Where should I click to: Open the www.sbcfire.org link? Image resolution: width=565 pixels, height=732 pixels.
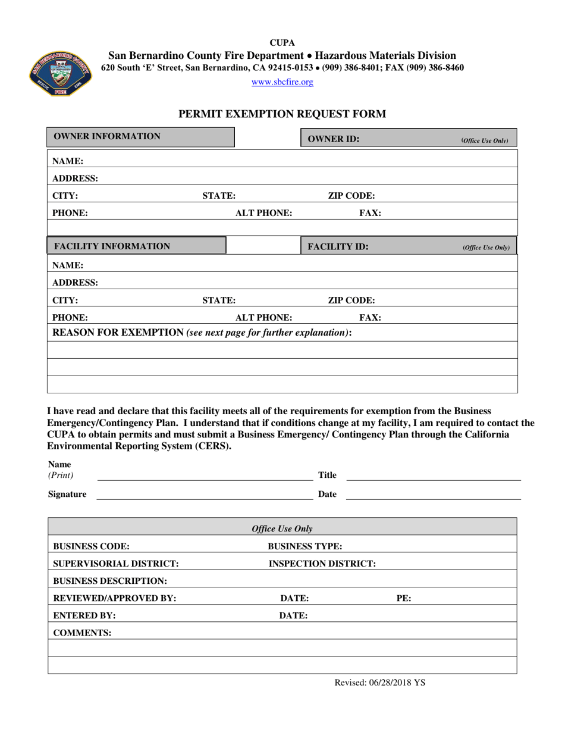[x=282, y=82]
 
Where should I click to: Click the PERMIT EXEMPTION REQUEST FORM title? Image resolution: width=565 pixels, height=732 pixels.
[x=282, y=114]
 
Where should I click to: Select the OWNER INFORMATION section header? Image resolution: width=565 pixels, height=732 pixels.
[x=107, y=136]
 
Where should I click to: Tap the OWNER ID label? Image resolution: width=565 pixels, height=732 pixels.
[x=334, y=139]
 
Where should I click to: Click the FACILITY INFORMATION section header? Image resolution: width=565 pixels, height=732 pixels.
[x=112, y=246]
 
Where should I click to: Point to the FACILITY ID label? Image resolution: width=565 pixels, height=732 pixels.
[x=338, y=246]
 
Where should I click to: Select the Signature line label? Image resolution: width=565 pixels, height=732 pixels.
[x=67, y=494]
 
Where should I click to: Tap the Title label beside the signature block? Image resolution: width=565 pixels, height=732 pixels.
[x=328, y=475]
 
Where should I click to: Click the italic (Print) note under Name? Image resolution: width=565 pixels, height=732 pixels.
[x=61, y=475]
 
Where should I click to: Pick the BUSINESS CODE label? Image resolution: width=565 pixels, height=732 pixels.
[x=92, y=546]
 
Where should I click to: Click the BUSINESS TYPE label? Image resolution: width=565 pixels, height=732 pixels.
[x=305, y=546]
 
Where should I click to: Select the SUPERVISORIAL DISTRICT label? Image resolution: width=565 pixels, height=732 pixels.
[x=116, y=564]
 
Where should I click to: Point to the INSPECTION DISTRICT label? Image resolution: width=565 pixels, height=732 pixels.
[x=322, y=564]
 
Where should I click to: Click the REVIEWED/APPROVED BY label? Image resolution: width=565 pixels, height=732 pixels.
[x=115, y=598]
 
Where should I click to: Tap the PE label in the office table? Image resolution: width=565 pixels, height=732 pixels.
[x=404, y=598]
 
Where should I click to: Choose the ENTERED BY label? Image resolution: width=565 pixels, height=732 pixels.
[x=84, y=615]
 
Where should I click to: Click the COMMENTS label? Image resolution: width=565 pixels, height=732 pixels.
[x=82, y=633]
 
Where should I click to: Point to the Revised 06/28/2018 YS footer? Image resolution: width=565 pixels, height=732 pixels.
[x=380, y=683]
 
